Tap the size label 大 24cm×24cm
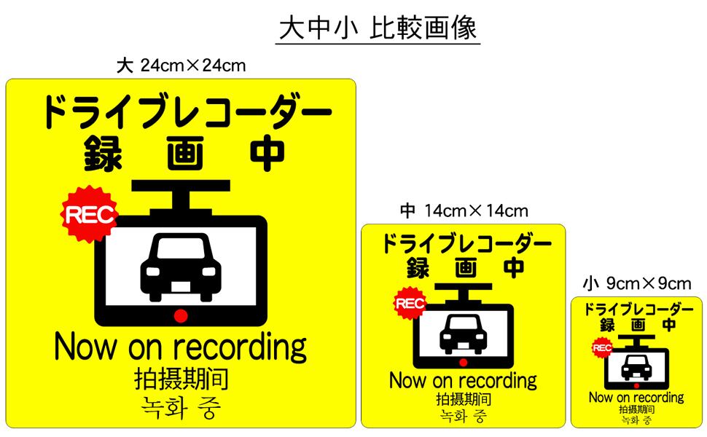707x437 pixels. tap(181, 66)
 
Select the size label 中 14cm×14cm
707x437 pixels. tap(464, 211)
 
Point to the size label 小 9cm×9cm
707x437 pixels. tap(637, 283)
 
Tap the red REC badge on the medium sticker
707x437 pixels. tap(410, 304)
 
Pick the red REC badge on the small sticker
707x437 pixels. tap(602, 348)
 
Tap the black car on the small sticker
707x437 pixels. tap(636, 368)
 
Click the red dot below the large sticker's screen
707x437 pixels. tap(180, 315)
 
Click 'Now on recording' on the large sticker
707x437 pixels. tap(181, 347)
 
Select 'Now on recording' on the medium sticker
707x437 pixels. tap(463, 380)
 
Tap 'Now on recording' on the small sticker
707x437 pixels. tap(636, 398)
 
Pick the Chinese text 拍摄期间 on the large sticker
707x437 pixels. tap(181, 379)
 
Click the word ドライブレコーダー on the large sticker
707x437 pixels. tap(187, 114)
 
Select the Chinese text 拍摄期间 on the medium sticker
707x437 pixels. tap(463, 399)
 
